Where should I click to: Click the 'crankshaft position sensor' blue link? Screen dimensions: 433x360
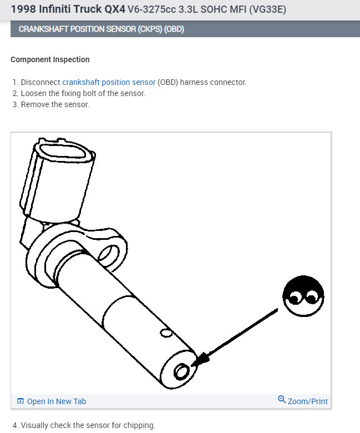[x=109, y=82]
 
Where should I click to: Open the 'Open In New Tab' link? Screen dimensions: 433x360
[x=56, y=401]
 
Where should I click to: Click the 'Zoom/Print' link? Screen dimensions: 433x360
[x=307, y=401]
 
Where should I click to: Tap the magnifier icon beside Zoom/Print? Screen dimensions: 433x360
[x=281, y=400]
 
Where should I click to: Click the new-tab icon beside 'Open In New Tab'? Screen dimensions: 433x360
[x=21, y=401]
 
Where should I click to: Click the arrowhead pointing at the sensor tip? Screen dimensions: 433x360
[x=201, y=360]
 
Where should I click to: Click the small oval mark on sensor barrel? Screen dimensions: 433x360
[x=164, y=332]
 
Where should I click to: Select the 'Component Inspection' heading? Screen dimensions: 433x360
[x=50, y=59]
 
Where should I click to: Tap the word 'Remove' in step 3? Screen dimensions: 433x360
[x=35, y=104]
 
